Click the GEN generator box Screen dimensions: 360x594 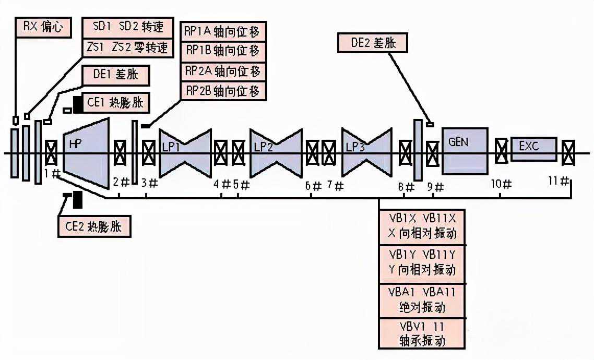[x=465, y=150]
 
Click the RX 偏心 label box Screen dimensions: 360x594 [x=43, y=28]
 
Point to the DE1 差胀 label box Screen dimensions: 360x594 [x=116, y=75]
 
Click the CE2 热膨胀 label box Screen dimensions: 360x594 [x=93, y=227]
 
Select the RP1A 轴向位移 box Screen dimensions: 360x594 [x=222, y=31]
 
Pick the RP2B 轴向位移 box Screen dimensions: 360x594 [x=222, y=91]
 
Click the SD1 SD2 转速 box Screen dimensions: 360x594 [x=126, y=27]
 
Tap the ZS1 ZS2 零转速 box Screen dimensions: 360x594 [x=126, y=47]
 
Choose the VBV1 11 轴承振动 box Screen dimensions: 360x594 [x=422, y=334]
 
